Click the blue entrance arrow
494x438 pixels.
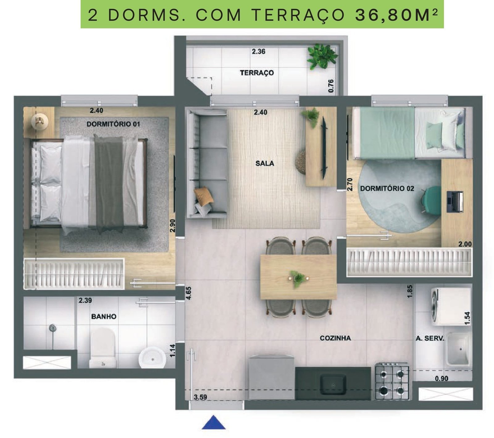[214, 423]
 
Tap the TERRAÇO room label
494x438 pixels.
[257, 73]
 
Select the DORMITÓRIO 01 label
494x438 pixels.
[113, 124]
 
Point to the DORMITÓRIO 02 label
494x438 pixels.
[387, 188]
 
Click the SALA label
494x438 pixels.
[265, 163]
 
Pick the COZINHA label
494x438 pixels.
[335, 338]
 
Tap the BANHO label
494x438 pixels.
[104, 316]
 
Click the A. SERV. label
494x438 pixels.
[430, 338]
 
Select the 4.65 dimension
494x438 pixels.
[189, 293]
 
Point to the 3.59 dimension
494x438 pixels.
[200, 397]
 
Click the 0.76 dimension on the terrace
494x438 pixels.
[331, 86]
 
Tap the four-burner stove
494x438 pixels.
[392, 382]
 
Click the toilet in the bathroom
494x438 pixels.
[103, 348]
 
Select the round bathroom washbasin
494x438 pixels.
[152, 358]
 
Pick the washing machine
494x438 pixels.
[451, 307]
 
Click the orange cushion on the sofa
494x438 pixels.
[204, 196]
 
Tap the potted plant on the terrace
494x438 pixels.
[322, 56]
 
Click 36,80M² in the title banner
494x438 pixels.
[396, 15]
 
